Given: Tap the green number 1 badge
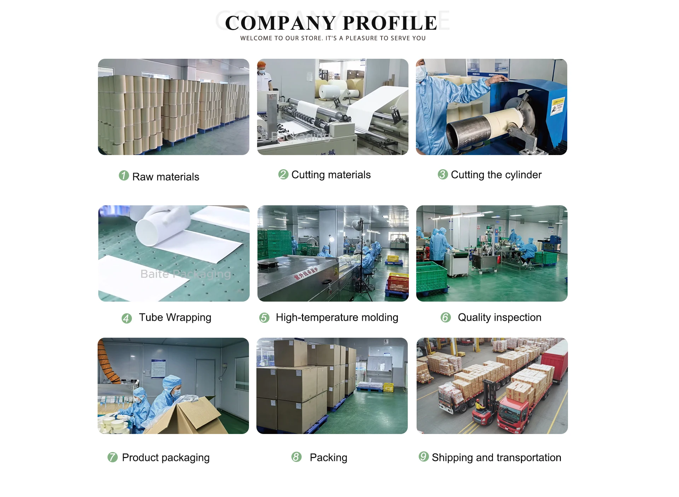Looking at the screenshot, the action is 124,176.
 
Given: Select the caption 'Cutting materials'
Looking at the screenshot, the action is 331,175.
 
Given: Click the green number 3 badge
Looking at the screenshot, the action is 442,174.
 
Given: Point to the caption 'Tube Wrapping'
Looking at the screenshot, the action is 175,318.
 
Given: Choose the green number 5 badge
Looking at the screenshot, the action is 264,318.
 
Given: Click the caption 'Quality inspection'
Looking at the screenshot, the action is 499,318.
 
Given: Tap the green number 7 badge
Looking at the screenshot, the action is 112,457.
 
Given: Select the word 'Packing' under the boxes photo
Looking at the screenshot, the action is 328,457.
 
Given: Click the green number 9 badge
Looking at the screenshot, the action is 423,457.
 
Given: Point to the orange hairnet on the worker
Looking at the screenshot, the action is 262,65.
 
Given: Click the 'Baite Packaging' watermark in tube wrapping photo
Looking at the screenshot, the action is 185,274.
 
